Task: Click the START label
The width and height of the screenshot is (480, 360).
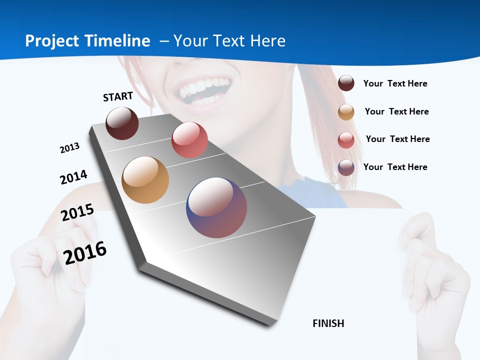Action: (118, 96)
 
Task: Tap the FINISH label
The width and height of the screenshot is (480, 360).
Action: (328, 323)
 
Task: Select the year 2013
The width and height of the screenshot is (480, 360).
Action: (69, 148)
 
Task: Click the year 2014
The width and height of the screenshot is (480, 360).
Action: (73, 177)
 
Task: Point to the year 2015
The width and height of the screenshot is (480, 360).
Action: (77, 212)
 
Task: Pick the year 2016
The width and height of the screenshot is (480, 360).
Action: (85, 252)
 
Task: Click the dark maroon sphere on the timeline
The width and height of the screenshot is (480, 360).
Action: (122, 123)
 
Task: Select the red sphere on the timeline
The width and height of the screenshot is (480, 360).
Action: (189, 140)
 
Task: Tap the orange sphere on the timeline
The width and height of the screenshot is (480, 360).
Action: (145, 180)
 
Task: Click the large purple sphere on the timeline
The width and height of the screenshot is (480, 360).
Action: (216, 207)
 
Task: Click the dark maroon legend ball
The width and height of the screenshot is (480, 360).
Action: (346, 83)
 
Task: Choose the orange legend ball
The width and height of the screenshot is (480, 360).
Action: (346, 112)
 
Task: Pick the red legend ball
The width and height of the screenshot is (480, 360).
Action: (346, 140)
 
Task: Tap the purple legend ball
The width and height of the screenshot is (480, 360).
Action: (346, 167)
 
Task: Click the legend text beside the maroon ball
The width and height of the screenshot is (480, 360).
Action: (395, 83)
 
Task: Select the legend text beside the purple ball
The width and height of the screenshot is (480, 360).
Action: (395, 167)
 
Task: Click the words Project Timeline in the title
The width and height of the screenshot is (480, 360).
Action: (87, 41)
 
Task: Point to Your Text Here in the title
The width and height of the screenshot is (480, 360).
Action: (229, 41)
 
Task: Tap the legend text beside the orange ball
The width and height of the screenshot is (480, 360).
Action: (396, 111)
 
